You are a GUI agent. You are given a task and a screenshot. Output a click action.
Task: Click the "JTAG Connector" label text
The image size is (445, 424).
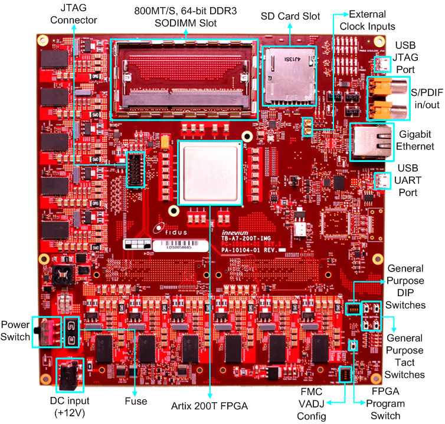(x=74, y=15)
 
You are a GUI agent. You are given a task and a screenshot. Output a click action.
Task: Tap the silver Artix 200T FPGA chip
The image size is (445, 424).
(x=211, y=173)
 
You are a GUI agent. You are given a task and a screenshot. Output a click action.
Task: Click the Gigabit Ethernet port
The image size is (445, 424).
(x=371, y=141)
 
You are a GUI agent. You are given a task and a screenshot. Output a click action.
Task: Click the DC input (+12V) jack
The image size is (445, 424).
(x=70, y=375)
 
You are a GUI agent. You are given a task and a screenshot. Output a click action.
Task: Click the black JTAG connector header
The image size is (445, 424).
(x=135, y=170)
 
